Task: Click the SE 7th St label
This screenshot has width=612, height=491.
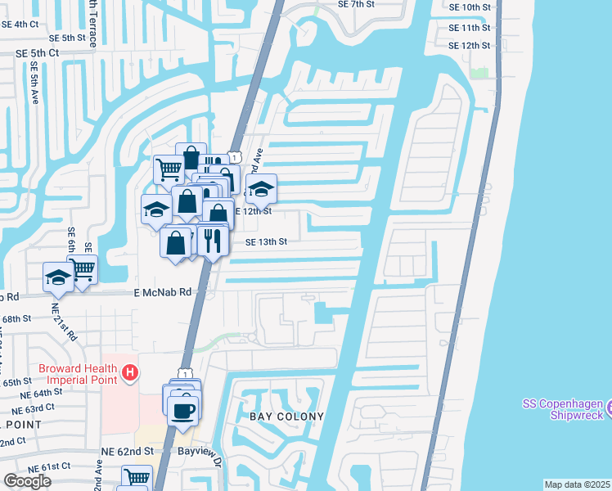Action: click(357, 4)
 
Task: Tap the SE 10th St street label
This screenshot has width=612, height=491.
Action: click(470, 7)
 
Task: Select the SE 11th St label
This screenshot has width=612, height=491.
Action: click(470, 27)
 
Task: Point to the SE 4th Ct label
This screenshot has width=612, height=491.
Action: click(20, 24)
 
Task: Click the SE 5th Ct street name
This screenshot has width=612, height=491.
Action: click(38, 52)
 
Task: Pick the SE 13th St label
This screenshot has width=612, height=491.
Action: click(267, 241)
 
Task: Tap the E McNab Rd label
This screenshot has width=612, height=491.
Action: click(162, 291)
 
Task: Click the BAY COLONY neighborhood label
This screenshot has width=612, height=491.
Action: click(286, 417)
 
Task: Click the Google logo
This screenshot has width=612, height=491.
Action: click(27, 480)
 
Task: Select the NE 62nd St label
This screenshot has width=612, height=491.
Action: click(127, 450)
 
